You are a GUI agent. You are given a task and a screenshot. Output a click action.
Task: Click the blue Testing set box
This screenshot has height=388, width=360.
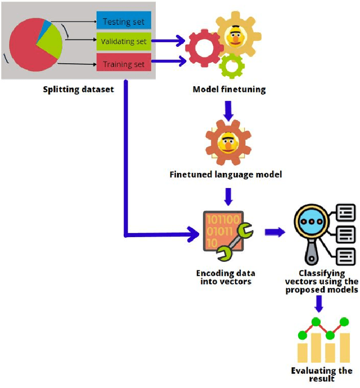coord(124,22)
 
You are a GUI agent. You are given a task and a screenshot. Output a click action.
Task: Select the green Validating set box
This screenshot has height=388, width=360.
coord(124,41)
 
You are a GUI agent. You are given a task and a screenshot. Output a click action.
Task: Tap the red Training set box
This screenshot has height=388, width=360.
coord(124,64)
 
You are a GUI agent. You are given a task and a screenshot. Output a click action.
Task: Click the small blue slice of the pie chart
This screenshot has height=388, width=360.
coord(42,28)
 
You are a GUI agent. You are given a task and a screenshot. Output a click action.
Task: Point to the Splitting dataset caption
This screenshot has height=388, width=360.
coord(79,89)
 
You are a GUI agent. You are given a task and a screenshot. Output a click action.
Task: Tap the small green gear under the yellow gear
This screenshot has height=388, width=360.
coord(231,66)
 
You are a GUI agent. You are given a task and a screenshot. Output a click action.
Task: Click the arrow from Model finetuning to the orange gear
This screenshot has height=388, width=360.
coord(228,109)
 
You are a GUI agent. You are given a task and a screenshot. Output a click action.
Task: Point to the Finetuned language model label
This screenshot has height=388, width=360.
coord(226,175)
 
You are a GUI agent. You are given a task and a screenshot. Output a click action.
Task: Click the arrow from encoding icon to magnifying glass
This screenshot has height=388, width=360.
coord(274,231)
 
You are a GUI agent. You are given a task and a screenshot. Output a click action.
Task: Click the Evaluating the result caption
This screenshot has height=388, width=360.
coord(321,374)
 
